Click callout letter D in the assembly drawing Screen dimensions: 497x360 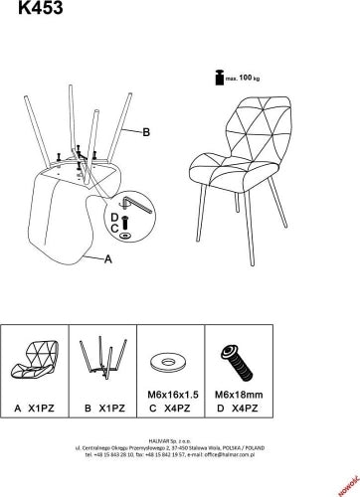[114, 217]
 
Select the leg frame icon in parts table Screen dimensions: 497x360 [105, 361]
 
